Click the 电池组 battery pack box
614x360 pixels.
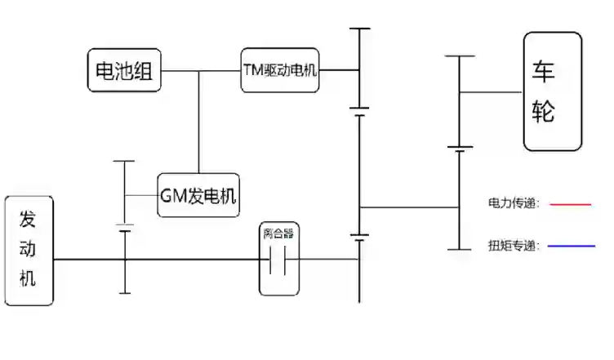point(125,70)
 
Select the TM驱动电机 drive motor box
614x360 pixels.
point(279,70)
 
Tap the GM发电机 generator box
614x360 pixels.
point(198,195)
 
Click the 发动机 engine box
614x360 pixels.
point(29,251)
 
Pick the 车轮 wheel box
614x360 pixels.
point(553,91)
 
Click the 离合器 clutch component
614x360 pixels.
point(278,259)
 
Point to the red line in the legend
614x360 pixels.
point(571,204)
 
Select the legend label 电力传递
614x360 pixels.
point(514,204)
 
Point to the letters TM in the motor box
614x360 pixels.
point(251,70)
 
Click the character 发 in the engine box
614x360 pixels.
point(29,220)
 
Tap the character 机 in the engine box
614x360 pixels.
point(29,278)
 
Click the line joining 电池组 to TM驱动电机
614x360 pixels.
point(201,71)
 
